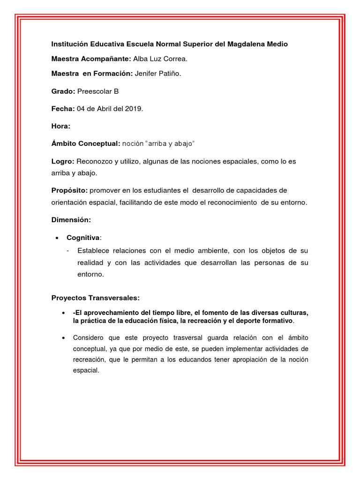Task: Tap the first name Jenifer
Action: tap(146, 73)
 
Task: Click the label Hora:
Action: tap(61, 126)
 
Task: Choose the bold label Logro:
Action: tap(63, 161)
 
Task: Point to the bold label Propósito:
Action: tap(69, 190)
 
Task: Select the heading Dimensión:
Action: tap(71, 219)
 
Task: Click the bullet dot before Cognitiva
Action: tap(57, 238)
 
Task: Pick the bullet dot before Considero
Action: tap(63, 337)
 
